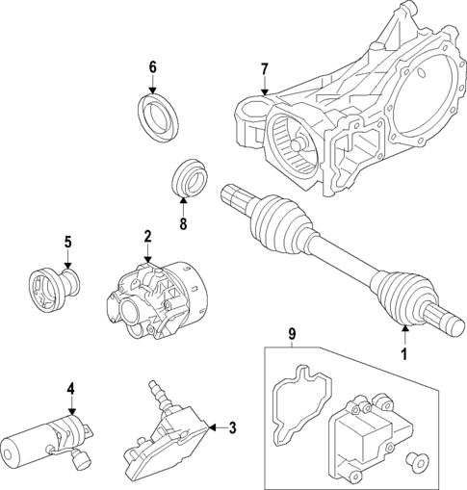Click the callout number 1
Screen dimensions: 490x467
404,353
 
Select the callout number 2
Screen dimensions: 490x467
147,236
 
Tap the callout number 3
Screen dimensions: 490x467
230,427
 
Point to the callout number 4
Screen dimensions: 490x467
71,389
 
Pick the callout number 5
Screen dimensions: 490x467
68,242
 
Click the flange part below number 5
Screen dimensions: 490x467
54,288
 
